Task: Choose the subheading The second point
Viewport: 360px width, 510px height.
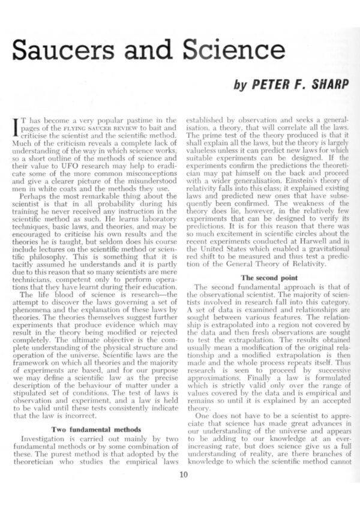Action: [x=262, y=277]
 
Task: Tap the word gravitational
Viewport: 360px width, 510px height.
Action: [x=323, y=249]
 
